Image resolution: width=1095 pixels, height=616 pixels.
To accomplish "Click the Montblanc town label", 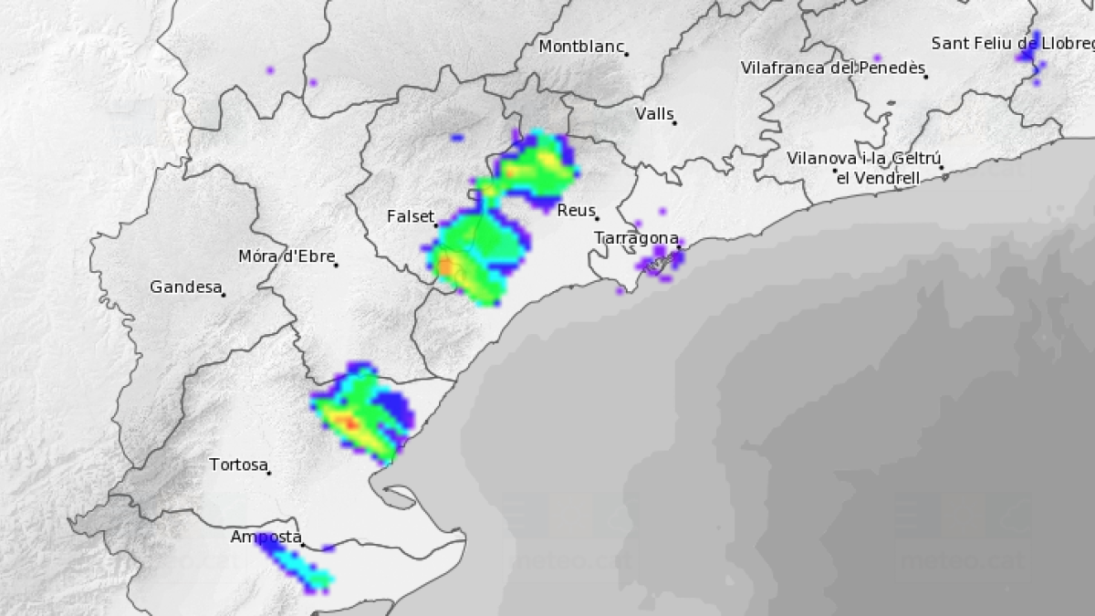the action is click(x=580, y=47).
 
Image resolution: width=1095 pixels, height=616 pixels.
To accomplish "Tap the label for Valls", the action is click(x=653, y=114).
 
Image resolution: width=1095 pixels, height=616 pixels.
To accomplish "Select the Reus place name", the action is click(x=575, y=211).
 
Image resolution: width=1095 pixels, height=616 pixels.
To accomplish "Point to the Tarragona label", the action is click(x=636, y=238).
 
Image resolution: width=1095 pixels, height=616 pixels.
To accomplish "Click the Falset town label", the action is click(x=410, y=217).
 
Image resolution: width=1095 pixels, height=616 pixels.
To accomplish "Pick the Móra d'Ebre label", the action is click(x=286, y=257).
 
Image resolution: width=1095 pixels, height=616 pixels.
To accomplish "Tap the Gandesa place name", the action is click(x=185, y=287).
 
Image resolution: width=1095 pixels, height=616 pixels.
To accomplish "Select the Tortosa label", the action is click(x=238, y=465).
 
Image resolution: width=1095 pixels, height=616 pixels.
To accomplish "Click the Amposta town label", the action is click(x=265, y=538).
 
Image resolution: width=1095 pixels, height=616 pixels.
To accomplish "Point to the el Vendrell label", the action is click(x=878, y=179).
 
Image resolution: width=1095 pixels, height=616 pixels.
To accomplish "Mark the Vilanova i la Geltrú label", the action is click(x=863, y=158).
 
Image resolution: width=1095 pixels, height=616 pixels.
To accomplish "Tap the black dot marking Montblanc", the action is click(x=626, y=55).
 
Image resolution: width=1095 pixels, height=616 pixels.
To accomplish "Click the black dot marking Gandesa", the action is click(x=224, y=294).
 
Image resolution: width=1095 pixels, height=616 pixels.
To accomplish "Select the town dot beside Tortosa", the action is click(x=269, y=472).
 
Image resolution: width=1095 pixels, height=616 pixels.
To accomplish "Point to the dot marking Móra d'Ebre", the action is click(x=337, y=266).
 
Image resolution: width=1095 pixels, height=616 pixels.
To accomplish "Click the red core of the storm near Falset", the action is click(x=446, y=266).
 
